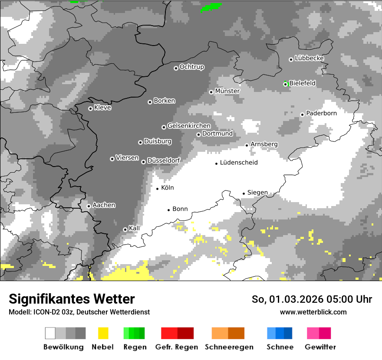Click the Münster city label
click(227, 91)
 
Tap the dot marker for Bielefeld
click(285, 84)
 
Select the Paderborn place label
click(321, 113)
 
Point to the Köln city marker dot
click(158, 189)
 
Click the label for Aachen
click(104, 205)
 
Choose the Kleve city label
click(102, 108)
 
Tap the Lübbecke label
click(309, 58)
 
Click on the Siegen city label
click(257, 193)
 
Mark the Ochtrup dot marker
click(176, 68)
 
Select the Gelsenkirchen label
click(189, 126)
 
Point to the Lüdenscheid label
click(239, 163)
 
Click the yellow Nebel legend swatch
click(103, 333)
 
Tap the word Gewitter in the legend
click(320, 347)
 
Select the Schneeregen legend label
click(229, 347)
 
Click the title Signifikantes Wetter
click(72, 299)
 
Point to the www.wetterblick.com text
click(313, 312)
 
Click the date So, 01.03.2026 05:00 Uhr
click(312, 299)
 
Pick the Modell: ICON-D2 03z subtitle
click(79, 312)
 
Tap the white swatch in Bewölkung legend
click(50, 333)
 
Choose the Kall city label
click(134, 228)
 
